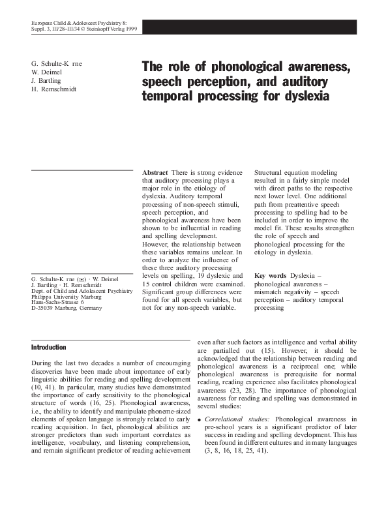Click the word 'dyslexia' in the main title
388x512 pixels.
click(297, 97)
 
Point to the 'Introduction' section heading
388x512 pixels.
click(49, 347)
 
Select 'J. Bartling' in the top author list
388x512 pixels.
click(47, 80)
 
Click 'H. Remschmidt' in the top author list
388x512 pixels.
click(53, 89)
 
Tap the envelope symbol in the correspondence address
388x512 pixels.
click(80, 279)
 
